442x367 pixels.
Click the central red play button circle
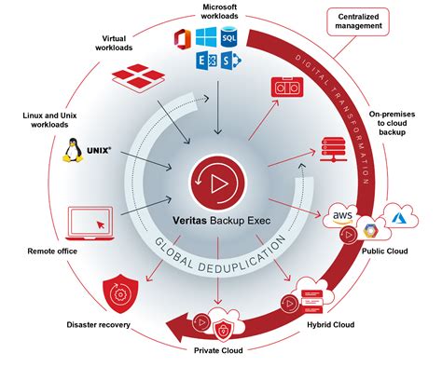222,183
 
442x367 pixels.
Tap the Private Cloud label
218,352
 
